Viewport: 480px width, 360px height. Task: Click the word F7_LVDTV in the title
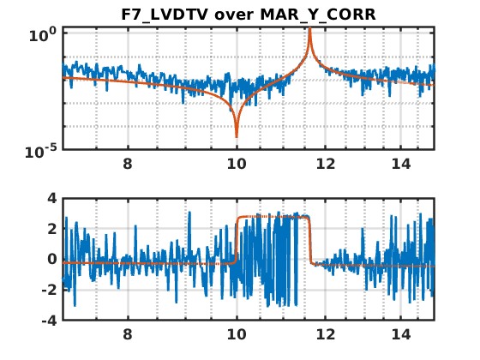[x=165, y=15]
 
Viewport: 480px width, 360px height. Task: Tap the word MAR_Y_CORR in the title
[x=318, y=15]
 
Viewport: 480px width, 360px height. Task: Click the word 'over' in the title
[x=235, y=15]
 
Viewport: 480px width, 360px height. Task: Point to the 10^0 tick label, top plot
[x=43, y=34]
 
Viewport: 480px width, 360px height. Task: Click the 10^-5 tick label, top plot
[x=41, y=151]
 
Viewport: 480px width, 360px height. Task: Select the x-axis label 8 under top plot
[x=128, y=164]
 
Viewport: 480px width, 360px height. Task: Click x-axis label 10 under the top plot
[x=237, y=164]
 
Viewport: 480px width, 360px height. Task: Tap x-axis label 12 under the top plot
[x=326, y=164]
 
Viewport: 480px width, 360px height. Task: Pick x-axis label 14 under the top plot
[x=401, y=164]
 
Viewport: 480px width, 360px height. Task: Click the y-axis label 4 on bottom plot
[x=52, y=198]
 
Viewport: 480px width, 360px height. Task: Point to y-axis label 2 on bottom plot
[x=52, y=229]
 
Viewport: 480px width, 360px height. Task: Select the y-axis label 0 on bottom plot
[x=52, y=259]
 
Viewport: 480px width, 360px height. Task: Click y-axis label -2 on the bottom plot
[x=50, y=290]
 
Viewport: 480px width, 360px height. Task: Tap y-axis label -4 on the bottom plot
[x=50, y=321]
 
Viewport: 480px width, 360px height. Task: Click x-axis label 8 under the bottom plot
[x=128, y=334]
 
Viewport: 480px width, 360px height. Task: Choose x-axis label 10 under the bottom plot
[x=237, y=334]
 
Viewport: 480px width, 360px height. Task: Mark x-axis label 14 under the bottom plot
[x=401, y=334]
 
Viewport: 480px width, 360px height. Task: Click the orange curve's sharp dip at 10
[x=237, y=137]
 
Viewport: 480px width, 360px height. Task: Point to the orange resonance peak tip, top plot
[x=309, y=27]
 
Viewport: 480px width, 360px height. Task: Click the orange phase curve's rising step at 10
[x=237, y=240]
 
